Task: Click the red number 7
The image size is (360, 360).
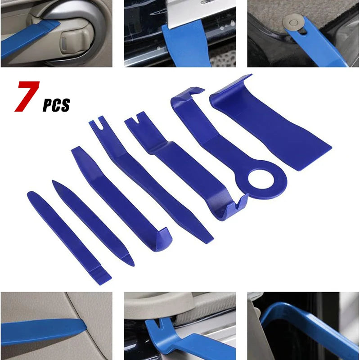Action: (27, 96)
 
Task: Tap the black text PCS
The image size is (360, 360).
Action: (56, 105)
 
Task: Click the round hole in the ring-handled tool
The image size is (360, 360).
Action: (261, 179)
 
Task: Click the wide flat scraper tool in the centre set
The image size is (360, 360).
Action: (271, 124)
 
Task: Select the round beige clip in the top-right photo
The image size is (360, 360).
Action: (293, 22)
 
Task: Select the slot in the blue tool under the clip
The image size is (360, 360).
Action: (303, 31)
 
